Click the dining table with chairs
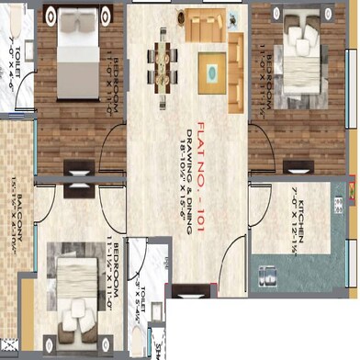(x=166, y=62)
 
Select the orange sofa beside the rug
(x=212, y=24)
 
